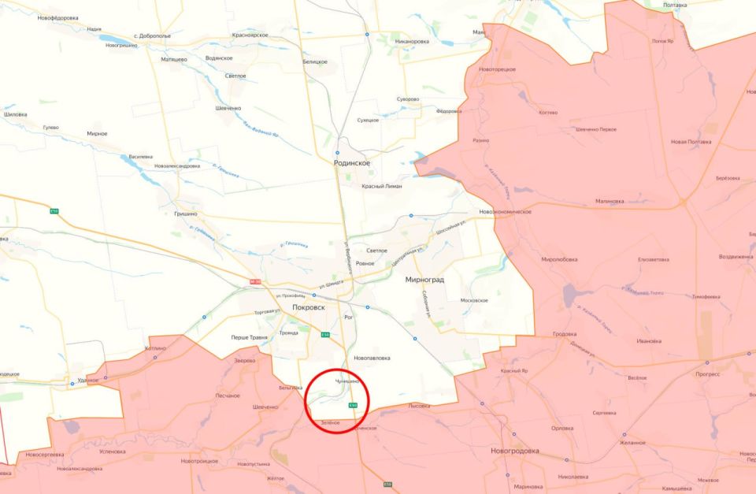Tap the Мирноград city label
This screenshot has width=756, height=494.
point(426,280)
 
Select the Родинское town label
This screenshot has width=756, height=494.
point(352,162)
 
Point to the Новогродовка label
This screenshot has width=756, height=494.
point(514,451)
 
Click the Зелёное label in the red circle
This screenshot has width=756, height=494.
point(330,423)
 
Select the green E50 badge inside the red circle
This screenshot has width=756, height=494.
point(353,405)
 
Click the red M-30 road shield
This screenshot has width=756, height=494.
point(254,281)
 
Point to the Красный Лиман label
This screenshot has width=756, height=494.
point(381,186)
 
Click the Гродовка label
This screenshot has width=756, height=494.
point(564,333)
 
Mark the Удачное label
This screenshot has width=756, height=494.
point(87,380)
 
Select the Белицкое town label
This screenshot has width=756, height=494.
point(315,61)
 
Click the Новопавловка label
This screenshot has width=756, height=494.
point(372,358)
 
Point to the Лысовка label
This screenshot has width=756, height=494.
point(419,406)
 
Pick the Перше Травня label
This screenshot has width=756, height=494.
point(249,337)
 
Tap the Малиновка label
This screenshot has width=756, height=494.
point(610,201)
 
